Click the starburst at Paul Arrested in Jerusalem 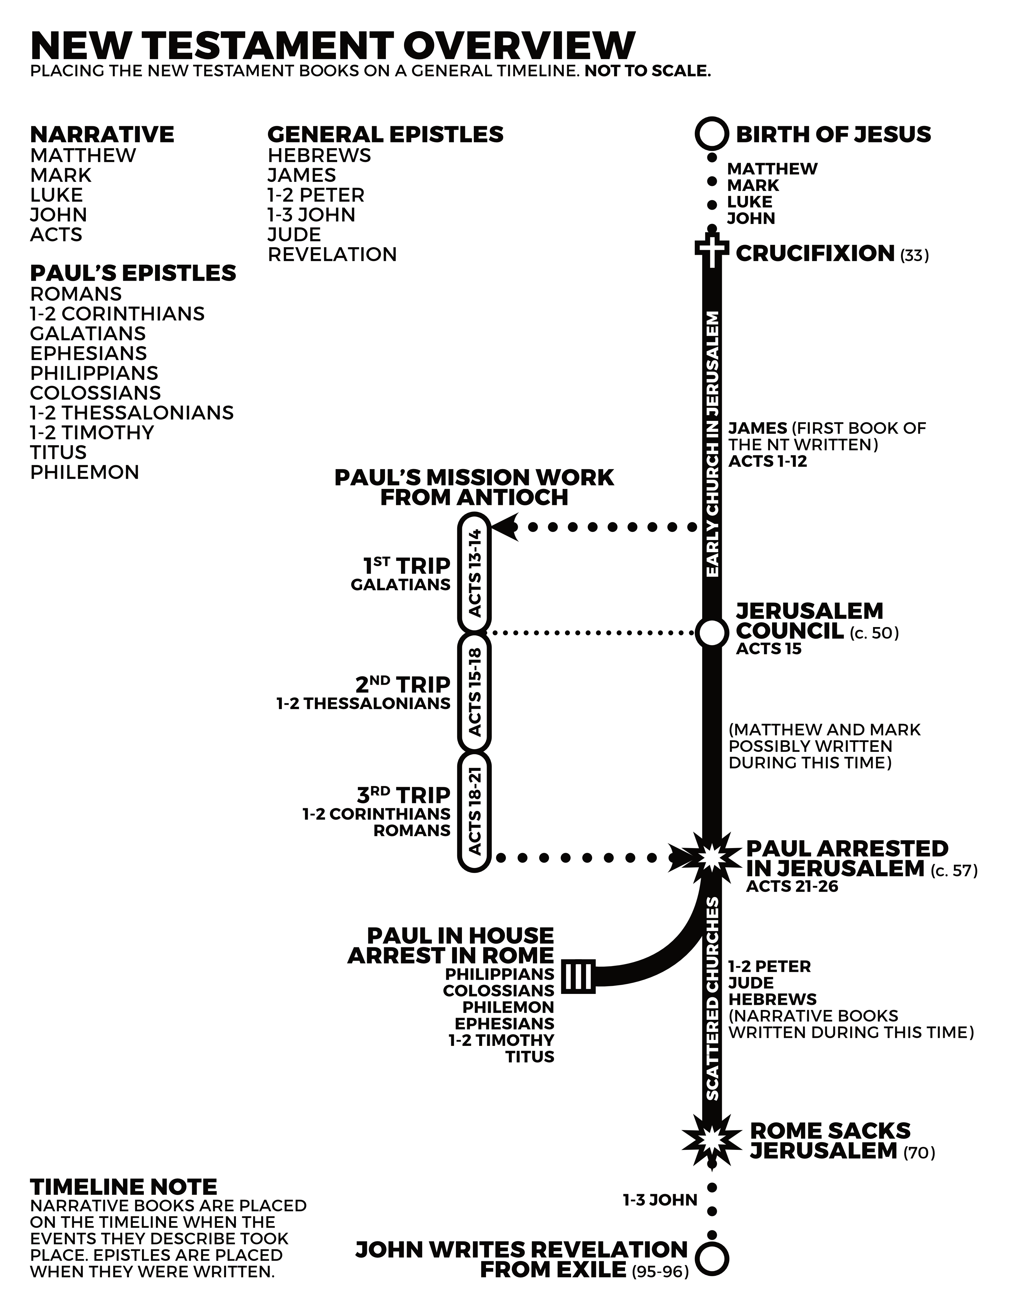tap(711, 858)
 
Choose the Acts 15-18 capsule tap(474, 692)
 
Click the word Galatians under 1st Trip tap(400, 585)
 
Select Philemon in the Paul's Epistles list tap(84, 472)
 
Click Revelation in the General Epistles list tap(332, 254)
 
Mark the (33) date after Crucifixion tap(914, 255)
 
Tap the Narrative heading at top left tap(102, 134)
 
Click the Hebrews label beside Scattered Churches tap(772, 999)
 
